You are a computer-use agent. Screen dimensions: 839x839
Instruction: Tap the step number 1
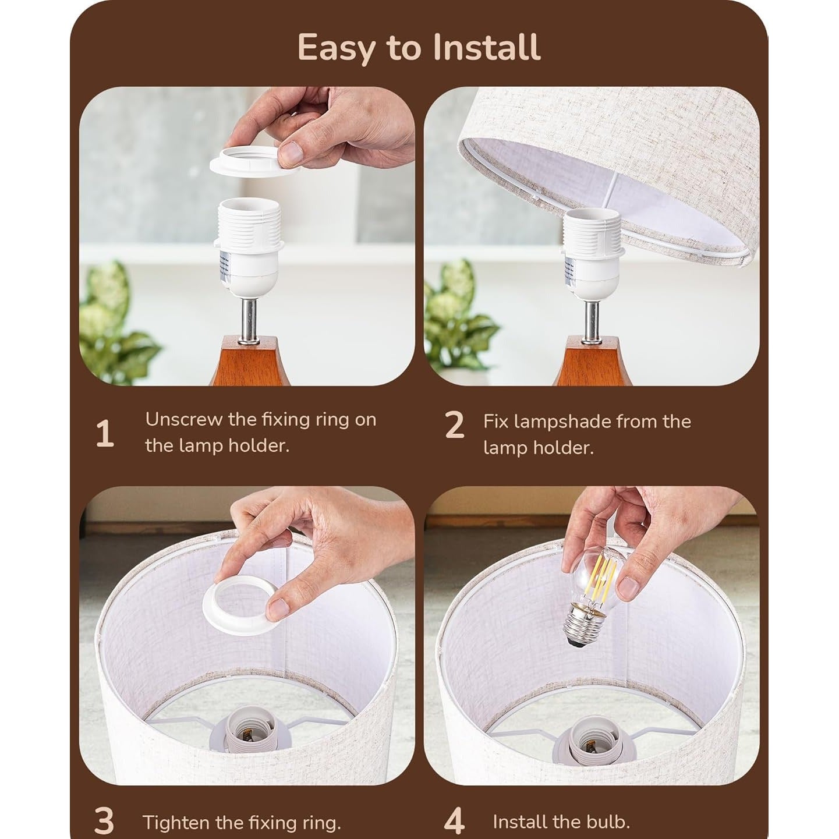[x=104, y=434]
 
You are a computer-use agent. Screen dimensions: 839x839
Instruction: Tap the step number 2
[x=455, y=425]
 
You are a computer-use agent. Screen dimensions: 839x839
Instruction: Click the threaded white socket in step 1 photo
[x=247, y=246]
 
